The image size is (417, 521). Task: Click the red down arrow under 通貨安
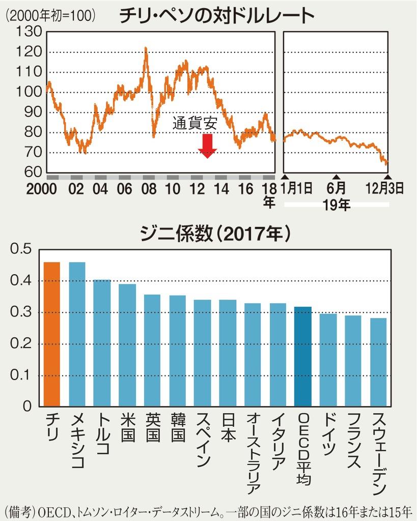tap(207, 146)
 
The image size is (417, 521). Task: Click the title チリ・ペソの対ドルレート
tap(217, 16)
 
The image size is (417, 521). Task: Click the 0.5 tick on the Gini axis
tap(21, 249)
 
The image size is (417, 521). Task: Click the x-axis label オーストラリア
tap(253, 453)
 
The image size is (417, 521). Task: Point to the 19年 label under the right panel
tap(337, 205)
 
